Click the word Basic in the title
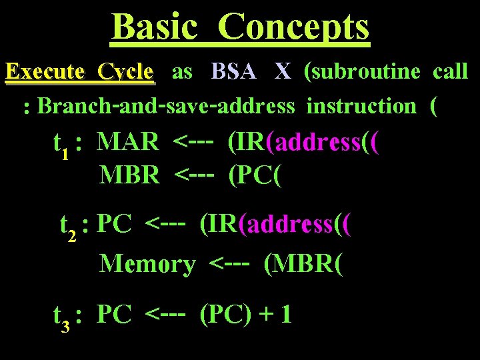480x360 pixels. point(155,27)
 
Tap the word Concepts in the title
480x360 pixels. point(293,27)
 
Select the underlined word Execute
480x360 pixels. point(45,71)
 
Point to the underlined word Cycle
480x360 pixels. point(125,71)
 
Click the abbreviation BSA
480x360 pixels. point(234,71)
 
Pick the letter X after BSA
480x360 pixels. point(283,71)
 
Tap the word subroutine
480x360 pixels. point(366,71)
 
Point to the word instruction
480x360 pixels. point(361,106)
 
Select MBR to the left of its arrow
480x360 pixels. point(129,175)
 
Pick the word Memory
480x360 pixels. point(147,264)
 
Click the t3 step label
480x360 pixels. point(62,317)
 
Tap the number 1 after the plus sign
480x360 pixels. point(285,314)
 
